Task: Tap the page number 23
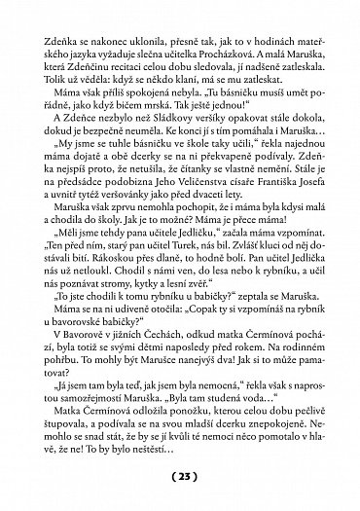point(180,477)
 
